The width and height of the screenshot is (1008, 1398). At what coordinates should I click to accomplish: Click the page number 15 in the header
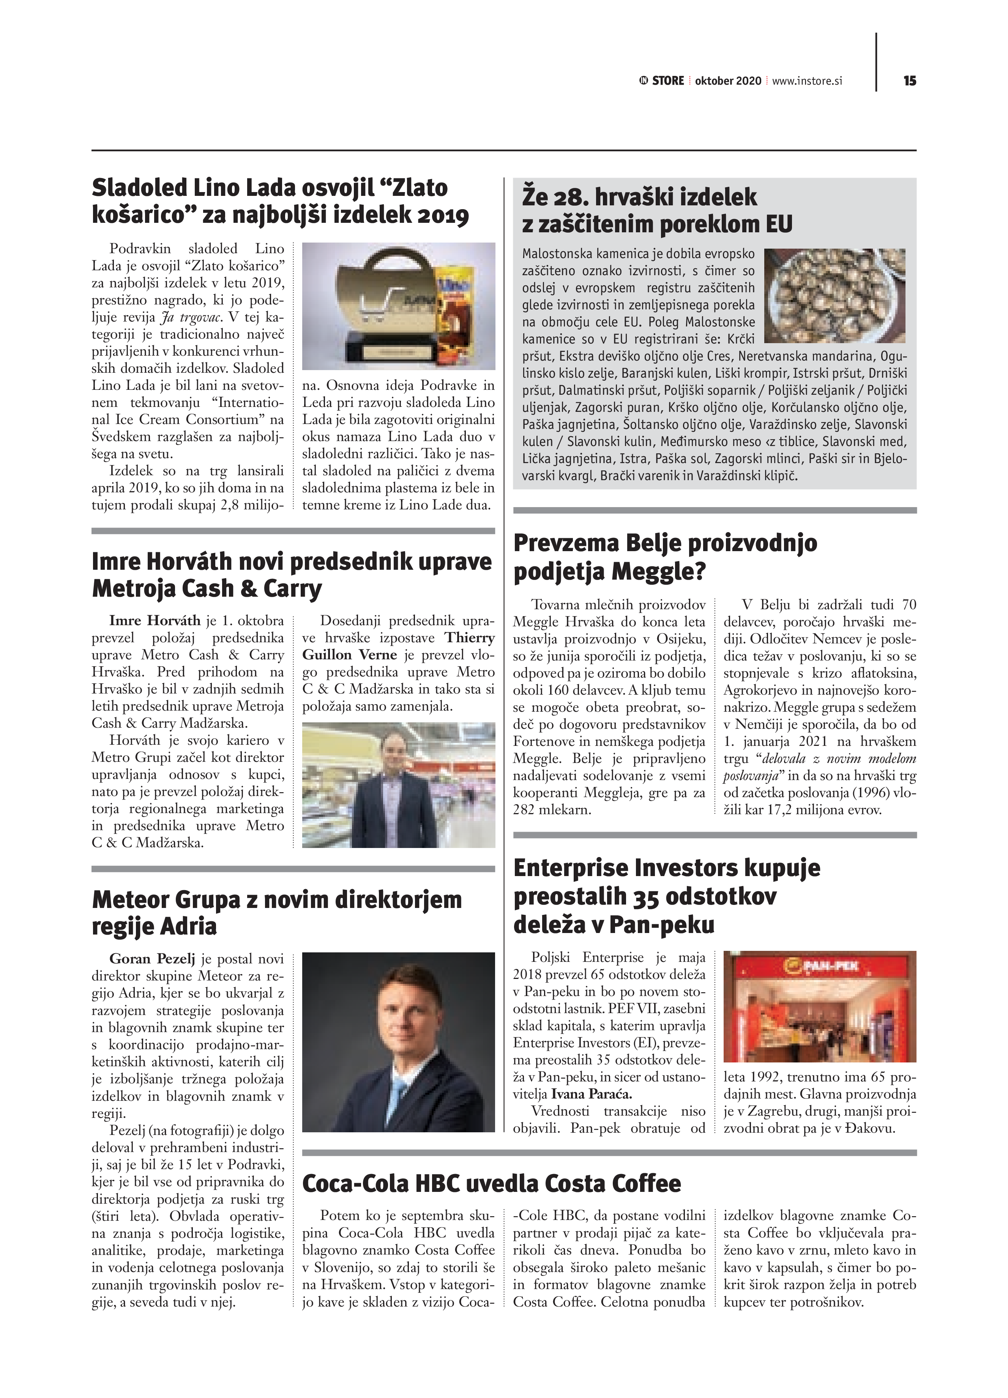coord(909,81)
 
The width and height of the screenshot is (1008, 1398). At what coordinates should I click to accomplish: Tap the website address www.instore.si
coord(807,81)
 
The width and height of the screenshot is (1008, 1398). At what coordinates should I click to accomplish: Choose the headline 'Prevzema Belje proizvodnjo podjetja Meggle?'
coord(665,557)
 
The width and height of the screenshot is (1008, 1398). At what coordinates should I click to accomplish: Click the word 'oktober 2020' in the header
coord(728,81)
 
